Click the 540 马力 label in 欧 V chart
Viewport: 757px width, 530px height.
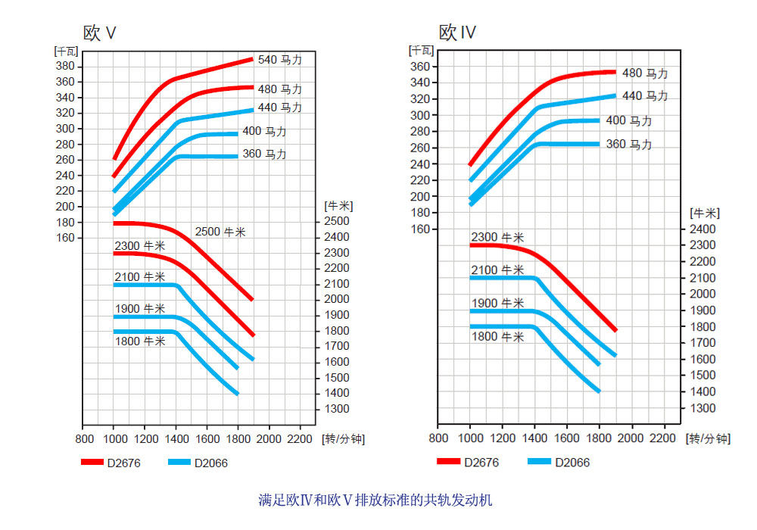pyautogui.click(x=280, y=60)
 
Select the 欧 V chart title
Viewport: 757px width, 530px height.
pyautogui.click(x=99, y=33)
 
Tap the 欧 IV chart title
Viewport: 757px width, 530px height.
pyautogui.click(x=457, y=33)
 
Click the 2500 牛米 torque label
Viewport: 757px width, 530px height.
pyautogui.click(x=220, y=232)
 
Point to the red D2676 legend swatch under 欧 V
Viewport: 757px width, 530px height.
pyautogui.click(x=92, y=463)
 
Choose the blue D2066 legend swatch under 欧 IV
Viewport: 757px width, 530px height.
pyautogui.click(x=539, y=462)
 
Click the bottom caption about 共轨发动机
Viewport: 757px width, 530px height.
pyautogui.click(x=375, y=500)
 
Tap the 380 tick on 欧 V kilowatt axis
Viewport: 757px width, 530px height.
pyautogui.click(x=65, y=66)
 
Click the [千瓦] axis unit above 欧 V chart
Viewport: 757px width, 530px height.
pyautogui.click(x=64, y=51)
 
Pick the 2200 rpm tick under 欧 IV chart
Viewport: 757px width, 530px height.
pyautogui.click(x=663, y=438)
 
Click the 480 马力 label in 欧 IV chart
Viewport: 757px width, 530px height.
pyautogui.click(x=645, y=73)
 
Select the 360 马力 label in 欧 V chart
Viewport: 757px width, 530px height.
pyautogui.click(x=264, y=154)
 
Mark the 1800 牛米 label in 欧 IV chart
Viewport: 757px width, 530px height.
pyautogui.click(x=497, y=337)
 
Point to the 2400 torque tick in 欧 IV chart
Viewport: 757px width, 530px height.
pyautogui.click(x=702, y=229)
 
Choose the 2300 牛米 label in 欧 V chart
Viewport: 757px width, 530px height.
pyautogui.click(x=140, y=245)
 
